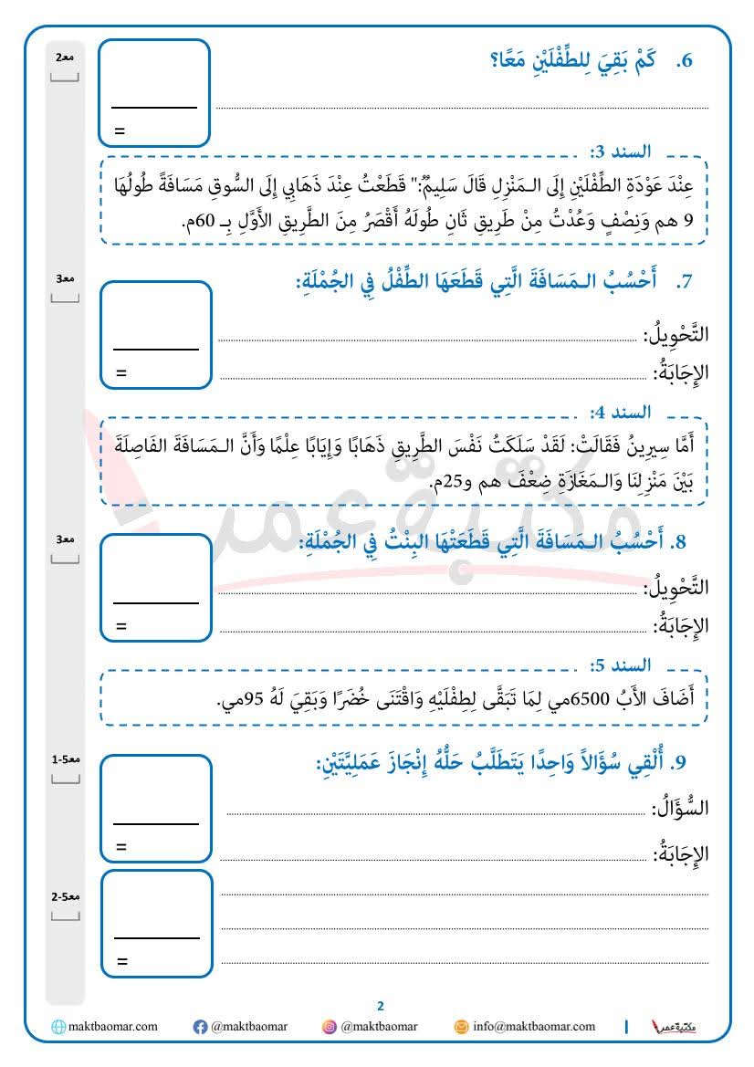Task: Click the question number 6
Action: pyautogui.click(x=686, y=62)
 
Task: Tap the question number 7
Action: pyautogui.click(x=686, y=282)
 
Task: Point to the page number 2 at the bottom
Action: pyautogui.click(x=381, y=1006)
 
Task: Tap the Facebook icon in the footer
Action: pyautogui.click(x=200, y=1027)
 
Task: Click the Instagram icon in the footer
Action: pyautogui.click(x=330, y=1027)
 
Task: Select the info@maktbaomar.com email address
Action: pyautogui.click(x=534, y=1027)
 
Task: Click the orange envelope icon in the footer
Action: pyautogui.click(x=462, y=1027)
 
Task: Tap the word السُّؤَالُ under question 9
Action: pyautogui.click(x=680, y=808)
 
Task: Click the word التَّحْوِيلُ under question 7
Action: pyautogui.click(x=676, y=335)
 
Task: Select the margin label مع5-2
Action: pyautogui.click(x=64, y=897)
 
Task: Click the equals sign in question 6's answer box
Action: pyautogui.click(x=120, y=131)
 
